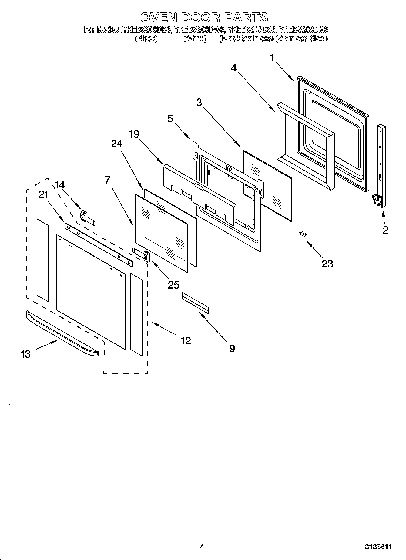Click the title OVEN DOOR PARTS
pyautogui.click(x=204, y=17)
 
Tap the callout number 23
pyautogui.click(x=327, y=264)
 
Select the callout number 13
pyautogui.click(x=26, y=354)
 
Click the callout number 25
pyautogui.click(x=173, y=285)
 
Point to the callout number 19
pyautogui.click(x=134, y=134)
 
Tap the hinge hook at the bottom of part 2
pyautogui.click(x=376, y=200)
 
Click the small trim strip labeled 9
pyautogui.click(x=195, y=303)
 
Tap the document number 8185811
pyautogui.click(x=378, y=547)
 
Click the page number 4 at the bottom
pyautogui.click(x=202, y=546)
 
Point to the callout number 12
pyautogui.click(x=186, y=341)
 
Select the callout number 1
pyautogui.click(x=272, y=58)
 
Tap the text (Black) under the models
pyautogui.click(x=146, y=38)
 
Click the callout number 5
pyautogui.click(x=170, y=118)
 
